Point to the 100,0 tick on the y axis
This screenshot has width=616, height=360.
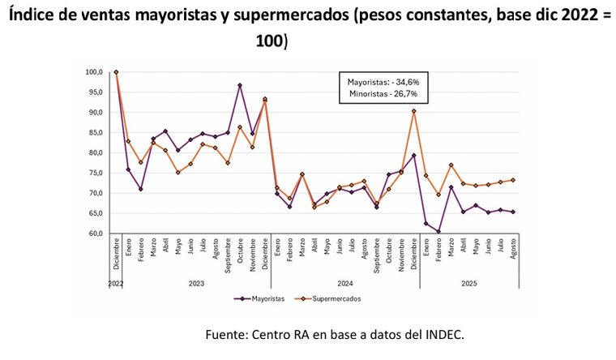94,72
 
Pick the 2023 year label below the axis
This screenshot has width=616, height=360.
197,284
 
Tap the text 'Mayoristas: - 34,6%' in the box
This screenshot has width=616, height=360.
383,83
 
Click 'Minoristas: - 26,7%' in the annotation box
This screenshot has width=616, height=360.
383,94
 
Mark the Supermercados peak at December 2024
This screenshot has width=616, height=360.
414,111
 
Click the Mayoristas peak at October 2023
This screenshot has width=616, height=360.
240,85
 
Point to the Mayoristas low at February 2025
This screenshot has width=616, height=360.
438,232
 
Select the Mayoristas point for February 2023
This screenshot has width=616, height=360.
141,189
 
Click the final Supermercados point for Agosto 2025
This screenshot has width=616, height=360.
513,180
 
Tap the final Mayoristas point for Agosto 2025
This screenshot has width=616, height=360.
513,212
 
